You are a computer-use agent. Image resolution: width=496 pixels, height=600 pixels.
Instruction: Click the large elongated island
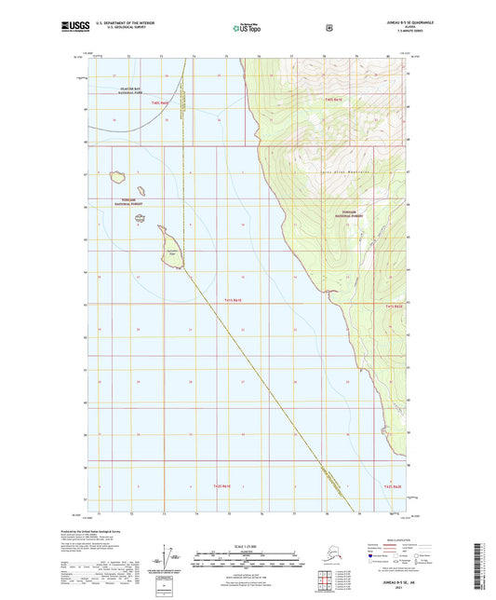click(170, 249)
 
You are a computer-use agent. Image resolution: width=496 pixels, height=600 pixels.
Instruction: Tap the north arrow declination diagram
click(168, 561)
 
